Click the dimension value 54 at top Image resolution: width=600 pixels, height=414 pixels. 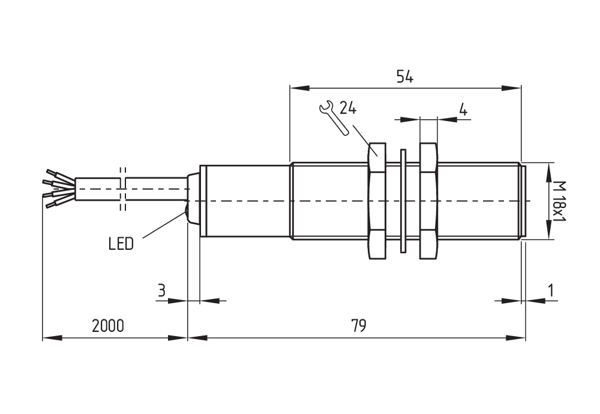pos(405,77)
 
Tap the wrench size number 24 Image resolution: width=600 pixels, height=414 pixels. pos(348,108)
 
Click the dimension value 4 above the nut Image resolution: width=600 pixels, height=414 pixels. pos(463,110)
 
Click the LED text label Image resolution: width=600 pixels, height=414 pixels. pos(121,243)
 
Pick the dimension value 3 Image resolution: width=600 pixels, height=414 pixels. pos(161,291)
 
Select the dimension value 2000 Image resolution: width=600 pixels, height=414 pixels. pos(108,326)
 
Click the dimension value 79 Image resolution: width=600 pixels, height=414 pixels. pos(359,326)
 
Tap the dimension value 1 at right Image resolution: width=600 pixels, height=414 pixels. pos(551,291)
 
